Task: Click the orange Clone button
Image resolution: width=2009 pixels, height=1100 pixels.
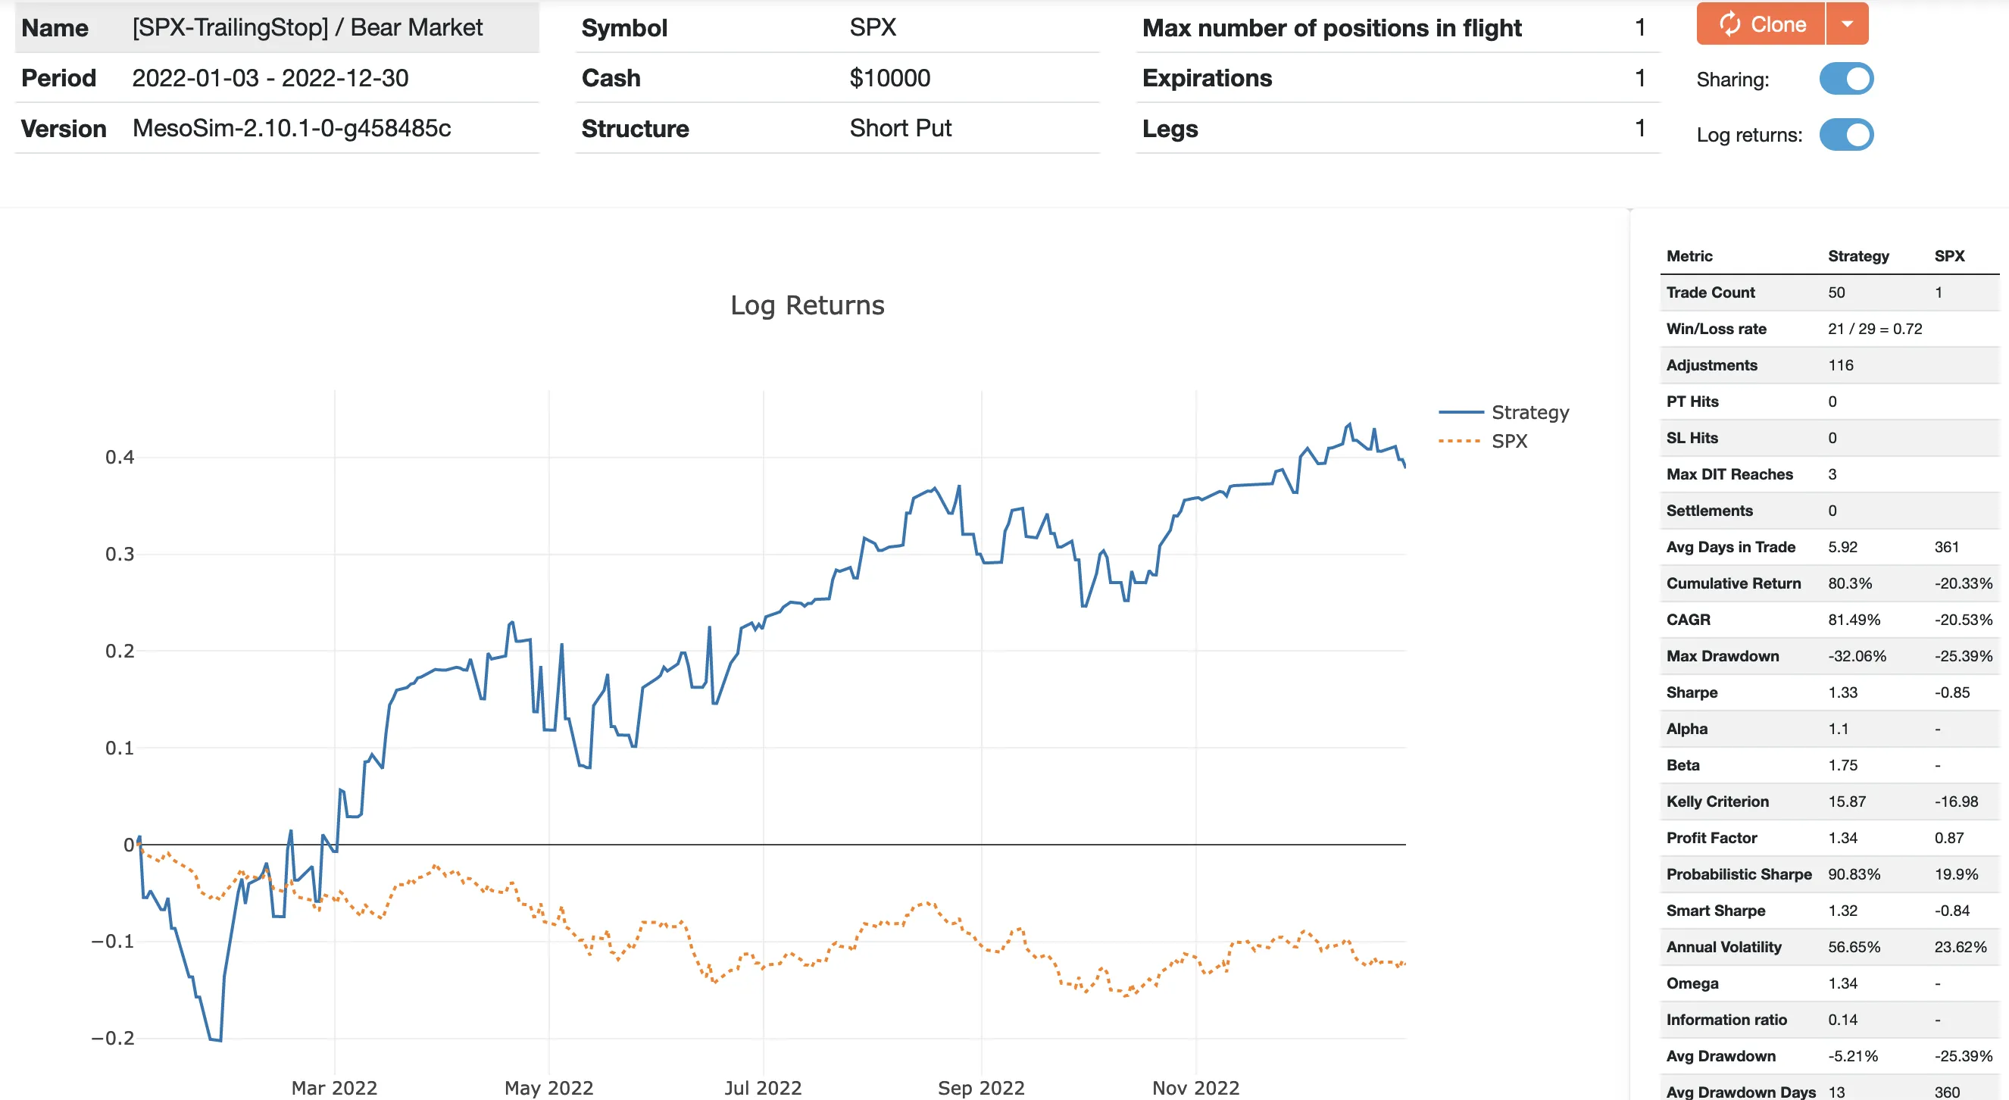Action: tap(1761, 24)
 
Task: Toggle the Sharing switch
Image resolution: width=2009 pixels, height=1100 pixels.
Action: tap(1846, 79)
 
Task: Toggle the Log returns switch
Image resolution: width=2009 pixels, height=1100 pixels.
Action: tap(1846, 134)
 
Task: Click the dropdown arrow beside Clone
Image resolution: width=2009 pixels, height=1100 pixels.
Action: tap(1847, 24)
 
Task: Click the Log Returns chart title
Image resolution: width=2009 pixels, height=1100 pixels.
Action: tap(808, 305)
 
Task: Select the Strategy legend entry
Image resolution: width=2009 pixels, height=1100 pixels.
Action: tap(1529, 412)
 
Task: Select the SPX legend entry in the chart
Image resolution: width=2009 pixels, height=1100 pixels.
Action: tap(1509, 441)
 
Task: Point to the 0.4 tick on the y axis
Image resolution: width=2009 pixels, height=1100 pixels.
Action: tap(120, 457)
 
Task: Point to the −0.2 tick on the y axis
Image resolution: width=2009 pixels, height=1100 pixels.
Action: tap(113, 1038)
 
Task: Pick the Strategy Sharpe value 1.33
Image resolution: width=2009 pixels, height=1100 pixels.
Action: tap(1842, 692)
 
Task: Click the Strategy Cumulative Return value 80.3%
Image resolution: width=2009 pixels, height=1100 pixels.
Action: tap(1849, 583)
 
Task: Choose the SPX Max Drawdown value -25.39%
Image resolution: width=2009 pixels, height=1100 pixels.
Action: tap(1962, 656)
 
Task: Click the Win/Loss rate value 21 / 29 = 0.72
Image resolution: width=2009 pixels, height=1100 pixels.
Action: tap(1874, 330)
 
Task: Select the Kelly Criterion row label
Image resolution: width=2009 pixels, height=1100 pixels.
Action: tap(1717, 802)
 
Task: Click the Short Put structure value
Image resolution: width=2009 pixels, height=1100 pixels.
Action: tap(900, 128)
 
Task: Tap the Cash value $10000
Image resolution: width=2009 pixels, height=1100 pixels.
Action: tap(889, 78)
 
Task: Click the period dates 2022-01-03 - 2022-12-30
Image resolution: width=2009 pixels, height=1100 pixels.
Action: tap(270, 78)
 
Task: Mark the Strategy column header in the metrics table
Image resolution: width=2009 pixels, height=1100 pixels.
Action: tap(1857, 256)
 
